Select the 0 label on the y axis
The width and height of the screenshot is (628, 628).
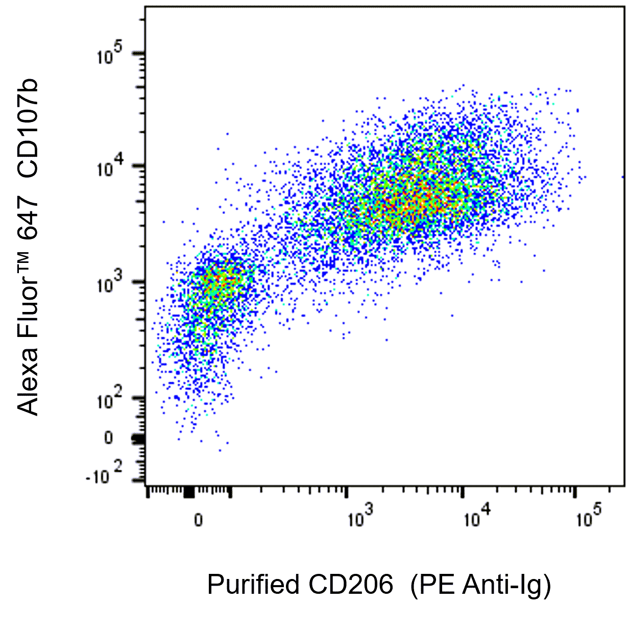(x=108, y=438)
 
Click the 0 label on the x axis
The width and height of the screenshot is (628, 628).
(x=198, y=520)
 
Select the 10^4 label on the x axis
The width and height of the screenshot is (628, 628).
(x=476, y=518)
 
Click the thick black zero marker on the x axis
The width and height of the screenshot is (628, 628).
(x=189, y=492)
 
